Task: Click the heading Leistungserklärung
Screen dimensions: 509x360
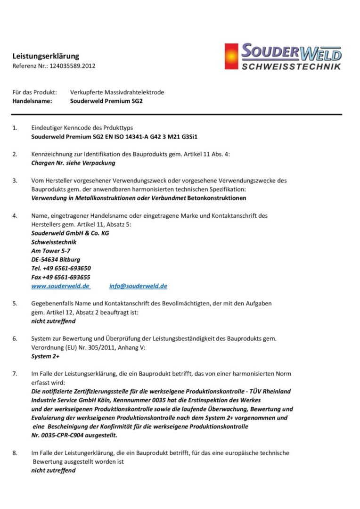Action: (x=46, y=56)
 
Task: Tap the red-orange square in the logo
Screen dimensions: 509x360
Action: (x=231, y=57)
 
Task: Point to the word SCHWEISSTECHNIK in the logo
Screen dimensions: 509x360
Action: (x=291, y=67)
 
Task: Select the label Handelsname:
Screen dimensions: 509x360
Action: (x=32, y=100)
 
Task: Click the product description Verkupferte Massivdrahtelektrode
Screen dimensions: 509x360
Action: (x=117, y=92)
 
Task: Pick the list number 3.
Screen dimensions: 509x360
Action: (x=15, y=181)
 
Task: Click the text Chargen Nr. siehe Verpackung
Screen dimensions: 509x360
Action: (x=73, y=163)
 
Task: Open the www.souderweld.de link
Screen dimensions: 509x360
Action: (x=60, y=286)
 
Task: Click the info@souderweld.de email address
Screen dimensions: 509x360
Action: (x=138, y=286)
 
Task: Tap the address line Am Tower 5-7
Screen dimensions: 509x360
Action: (x=51, y=251)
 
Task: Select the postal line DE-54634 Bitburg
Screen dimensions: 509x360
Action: (x=56, y=260)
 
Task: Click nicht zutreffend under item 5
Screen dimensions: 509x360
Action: (x=53, y=321)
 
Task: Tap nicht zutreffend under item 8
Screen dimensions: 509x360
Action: (x=53, y=470)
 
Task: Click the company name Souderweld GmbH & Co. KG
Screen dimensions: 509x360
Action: (x=70, y=233)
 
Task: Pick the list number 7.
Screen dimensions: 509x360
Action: (x=15, y=373)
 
